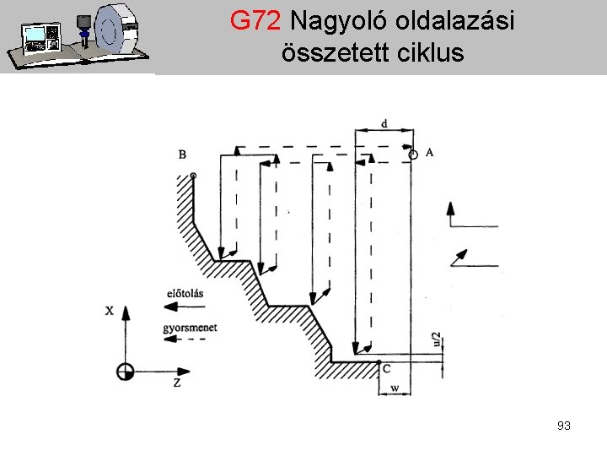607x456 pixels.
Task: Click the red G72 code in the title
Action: click(256, 22)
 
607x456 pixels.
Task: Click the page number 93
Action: click(564, 426)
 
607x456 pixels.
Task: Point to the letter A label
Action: click(430, 152)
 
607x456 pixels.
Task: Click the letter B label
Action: click(182, 154)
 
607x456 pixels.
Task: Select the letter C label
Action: click(386, 369)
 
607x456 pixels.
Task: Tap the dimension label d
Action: click(384, 124)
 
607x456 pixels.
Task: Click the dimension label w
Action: click(395, 389)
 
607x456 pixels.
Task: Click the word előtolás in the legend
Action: click(185, 293)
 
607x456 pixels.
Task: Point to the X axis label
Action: click(109, 310)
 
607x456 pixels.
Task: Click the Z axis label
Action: click(177, 383)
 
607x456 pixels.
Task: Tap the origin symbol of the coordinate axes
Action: click(126, 371)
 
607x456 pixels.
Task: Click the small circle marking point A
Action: click(412, 155)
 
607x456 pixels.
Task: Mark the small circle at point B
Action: click(194, 175)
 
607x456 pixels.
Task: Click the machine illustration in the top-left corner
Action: click(77, 36)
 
